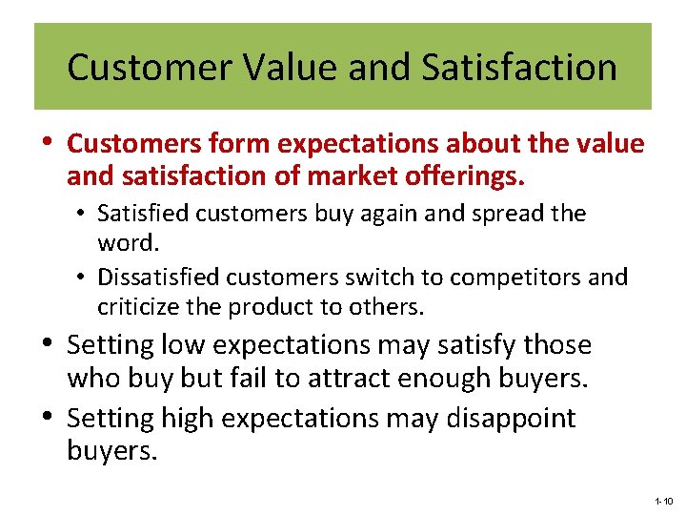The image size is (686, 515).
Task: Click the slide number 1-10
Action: [x=664, y=501]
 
